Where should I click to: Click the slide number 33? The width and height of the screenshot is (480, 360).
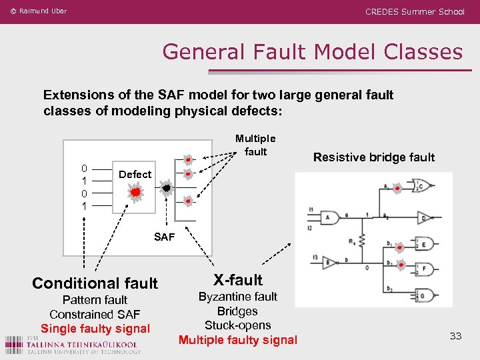click(x=455, y=336)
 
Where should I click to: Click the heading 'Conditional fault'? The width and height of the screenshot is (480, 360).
click(x=95, y=283)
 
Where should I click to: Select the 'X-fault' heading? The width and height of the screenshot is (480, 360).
click(x=238, y=280)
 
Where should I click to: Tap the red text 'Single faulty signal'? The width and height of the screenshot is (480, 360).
click(x=95, y=329)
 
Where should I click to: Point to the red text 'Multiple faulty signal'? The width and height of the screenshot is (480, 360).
click(x=237, y=340)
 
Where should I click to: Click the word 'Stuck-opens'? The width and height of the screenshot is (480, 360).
click(x=237, y=325)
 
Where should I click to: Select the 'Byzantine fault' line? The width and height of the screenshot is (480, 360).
click(x=237, y=297)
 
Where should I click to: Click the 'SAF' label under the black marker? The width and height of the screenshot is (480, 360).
click(x=164, y=237)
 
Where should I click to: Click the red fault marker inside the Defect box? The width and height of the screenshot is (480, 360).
click(x=135, y=193)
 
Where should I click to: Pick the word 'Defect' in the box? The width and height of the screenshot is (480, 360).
click(x=135, y=174)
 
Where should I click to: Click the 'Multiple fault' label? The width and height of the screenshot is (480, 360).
click(x=255, y=145)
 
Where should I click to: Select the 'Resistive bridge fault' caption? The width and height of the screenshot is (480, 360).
click(x=373, y=157)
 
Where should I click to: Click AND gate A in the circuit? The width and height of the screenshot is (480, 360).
click(x=330, y=218)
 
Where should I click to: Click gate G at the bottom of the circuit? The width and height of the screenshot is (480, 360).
click(x=423, y=295)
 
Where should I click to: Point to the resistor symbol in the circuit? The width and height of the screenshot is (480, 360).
click(x=361, y=239)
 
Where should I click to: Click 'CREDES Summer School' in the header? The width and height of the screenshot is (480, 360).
click(x=415, y=11)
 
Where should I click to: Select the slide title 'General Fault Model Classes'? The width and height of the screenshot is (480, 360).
click(x=312, y=51)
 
